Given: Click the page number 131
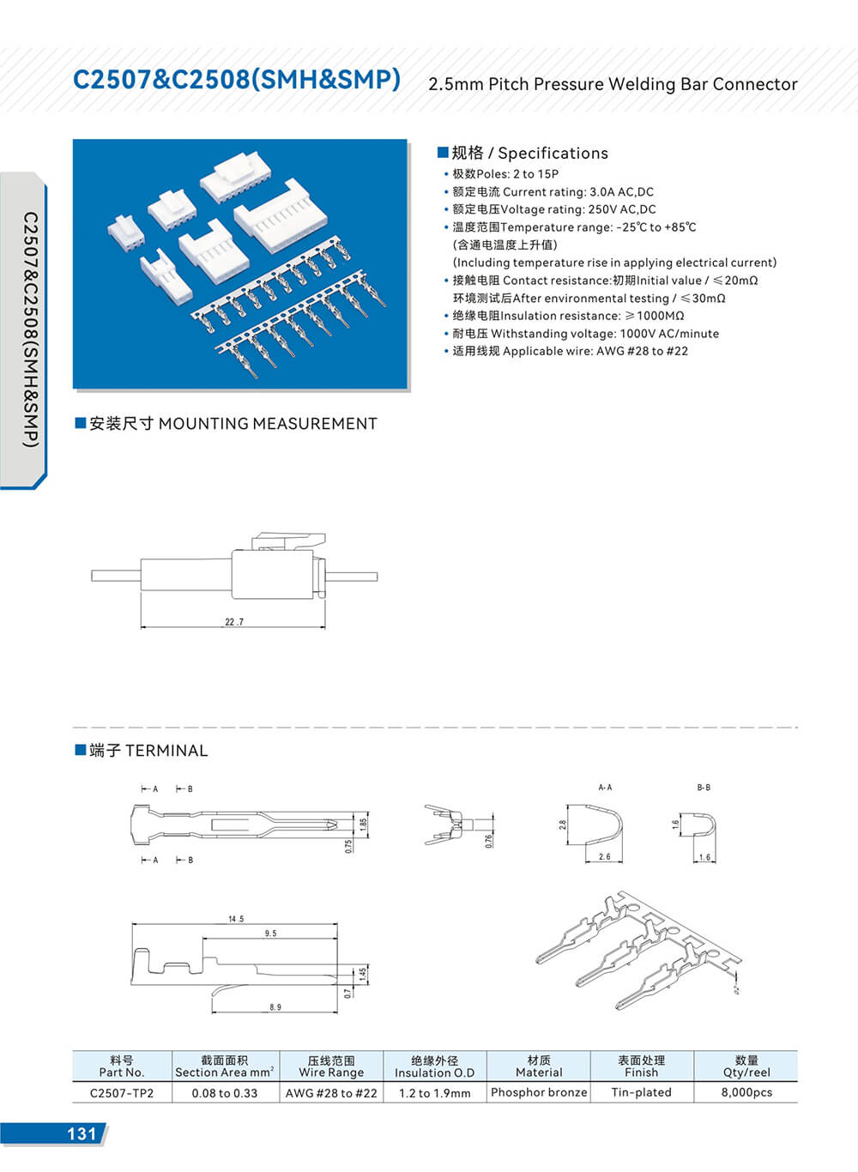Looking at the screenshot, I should click(x=82, y=1133).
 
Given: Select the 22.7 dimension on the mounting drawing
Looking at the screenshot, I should click(x=234, y=622).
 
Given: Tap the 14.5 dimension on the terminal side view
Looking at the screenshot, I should click(x=236, y=919).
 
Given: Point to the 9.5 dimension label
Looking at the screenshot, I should click(x=271, y=933).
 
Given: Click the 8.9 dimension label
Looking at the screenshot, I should click(x=275, y=1007).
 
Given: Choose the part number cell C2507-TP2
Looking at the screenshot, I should click(x=122, y=1093).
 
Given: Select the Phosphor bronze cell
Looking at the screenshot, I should click(x=539, y=1092).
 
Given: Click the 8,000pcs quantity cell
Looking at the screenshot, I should click(x=746, y=1092).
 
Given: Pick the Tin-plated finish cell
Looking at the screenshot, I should click(x=641, y=1092).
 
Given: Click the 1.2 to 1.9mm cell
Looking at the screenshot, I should click(x=434, y=1093).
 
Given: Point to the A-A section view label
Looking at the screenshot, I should click(x=605, y=788).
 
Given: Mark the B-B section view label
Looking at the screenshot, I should click(x=704, y=788).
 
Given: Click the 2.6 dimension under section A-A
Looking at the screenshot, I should click(x=605, y=857).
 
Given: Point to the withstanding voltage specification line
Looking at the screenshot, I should click(x=586, y=334).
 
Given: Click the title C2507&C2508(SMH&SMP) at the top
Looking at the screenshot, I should click(x=237, y=80).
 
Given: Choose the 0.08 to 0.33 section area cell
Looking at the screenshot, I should click(x=225, y=1093).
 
